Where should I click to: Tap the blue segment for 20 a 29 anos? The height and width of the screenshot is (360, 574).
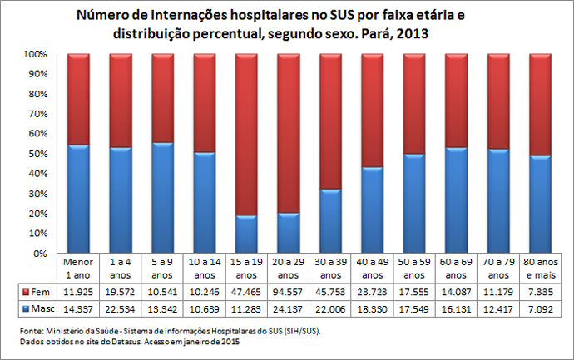point(289,234)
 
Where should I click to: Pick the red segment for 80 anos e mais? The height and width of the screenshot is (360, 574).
point(540,104)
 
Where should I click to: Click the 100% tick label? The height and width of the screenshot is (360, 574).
point(34,54)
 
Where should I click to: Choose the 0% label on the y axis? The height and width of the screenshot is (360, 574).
point(39,254)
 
